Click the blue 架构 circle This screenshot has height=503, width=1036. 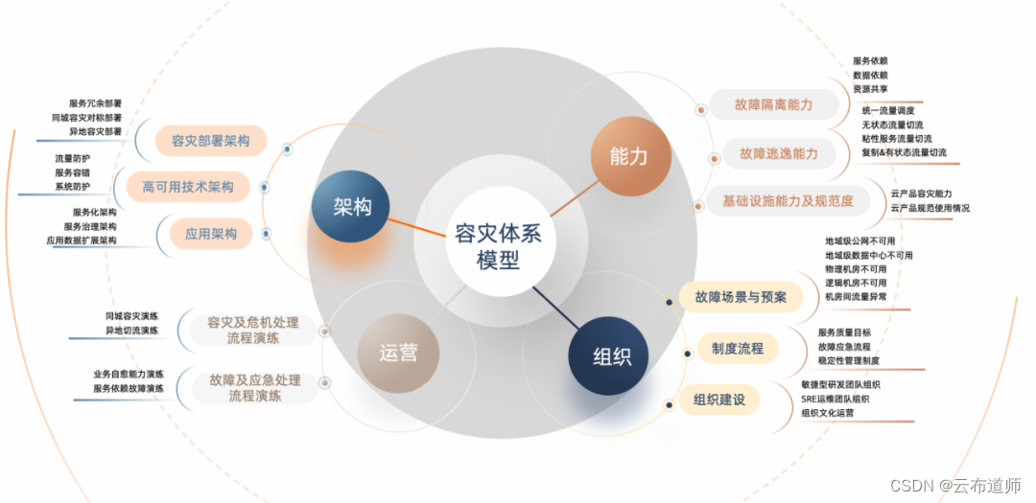(352, 209)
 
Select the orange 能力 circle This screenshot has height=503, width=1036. (628, 156)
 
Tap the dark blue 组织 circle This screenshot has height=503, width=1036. (611, 357)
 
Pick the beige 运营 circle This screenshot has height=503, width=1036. (398, 352)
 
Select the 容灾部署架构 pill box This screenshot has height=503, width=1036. (210, 142)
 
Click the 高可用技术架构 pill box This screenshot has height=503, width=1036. (188, 187)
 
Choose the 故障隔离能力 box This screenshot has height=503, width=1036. (773, 104)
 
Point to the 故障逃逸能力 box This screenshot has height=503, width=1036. (778, 153)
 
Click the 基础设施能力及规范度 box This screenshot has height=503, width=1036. (788, 201)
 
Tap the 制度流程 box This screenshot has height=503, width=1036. (738, 348)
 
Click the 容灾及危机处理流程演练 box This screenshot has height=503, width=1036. (253, 330)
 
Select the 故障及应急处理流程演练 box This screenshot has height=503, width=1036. (254, 387)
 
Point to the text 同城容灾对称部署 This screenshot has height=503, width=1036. (87, 118)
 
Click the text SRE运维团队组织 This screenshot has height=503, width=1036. (836, 399)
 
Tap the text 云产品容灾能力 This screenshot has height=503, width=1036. (921, 194)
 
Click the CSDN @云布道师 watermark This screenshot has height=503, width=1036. (955, 486)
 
